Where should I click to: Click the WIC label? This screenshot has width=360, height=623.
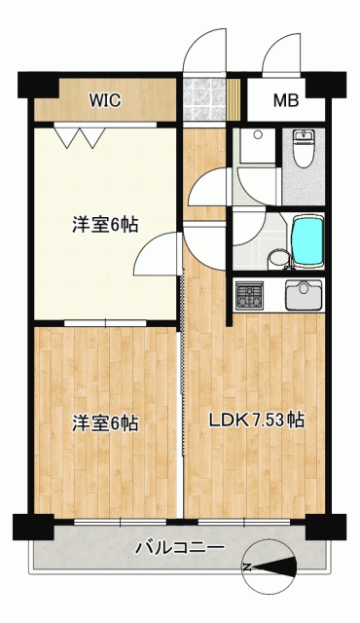[x=105, y=100]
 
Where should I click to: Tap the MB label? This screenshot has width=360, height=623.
[x=286, y=100]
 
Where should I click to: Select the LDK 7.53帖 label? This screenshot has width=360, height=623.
[x=257, y=421]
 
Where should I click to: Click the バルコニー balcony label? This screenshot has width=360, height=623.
[x=180, y=548]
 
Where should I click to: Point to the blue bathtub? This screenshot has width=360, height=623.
[x=307, y=240]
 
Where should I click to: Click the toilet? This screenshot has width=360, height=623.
[x=304, y=148]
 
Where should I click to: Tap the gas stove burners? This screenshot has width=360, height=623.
[x=249, y=296]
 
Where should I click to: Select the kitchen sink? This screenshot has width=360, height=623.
[x=304, y=294]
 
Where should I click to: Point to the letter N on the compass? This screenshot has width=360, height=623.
[x=247, y=568]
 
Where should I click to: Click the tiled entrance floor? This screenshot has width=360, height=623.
[x=204, y=99]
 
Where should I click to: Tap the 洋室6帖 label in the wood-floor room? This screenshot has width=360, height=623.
[x=105, y=423]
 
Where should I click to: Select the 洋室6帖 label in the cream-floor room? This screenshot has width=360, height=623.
[x=105, y=225]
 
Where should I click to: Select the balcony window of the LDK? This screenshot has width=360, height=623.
[x=244, y=522]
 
